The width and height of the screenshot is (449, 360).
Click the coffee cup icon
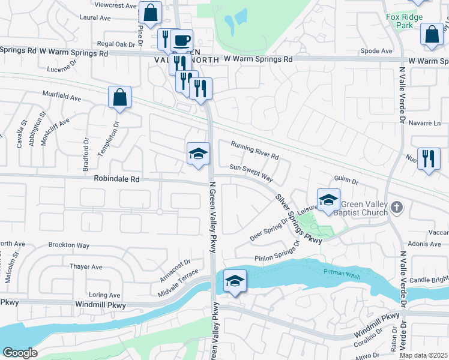pos(181,41)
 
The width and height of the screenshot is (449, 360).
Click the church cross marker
pos(396,207)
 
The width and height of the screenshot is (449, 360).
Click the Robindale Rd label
pos(116,179)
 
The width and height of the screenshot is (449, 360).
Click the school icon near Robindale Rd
pos(198,154)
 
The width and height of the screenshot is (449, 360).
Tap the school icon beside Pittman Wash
pos(235,280)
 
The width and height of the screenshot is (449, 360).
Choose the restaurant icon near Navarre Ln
pos(429,159)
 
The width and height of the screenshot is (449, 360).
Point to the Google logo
pos(20,353)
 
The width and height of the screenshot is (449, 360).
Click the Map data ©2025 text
pos(423,355)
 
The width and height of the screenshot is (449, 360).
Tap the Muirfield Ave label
pos(61,96)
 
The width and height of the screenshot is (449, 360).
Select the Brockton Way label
pos(69,245)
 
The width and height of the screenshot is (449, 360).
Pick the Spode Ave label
pos(377,51)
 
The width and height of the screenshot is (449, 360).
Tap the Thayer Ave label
pos(86,266)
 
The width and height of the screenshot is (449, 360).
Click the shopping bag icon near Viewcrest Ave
pos(150,11)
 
